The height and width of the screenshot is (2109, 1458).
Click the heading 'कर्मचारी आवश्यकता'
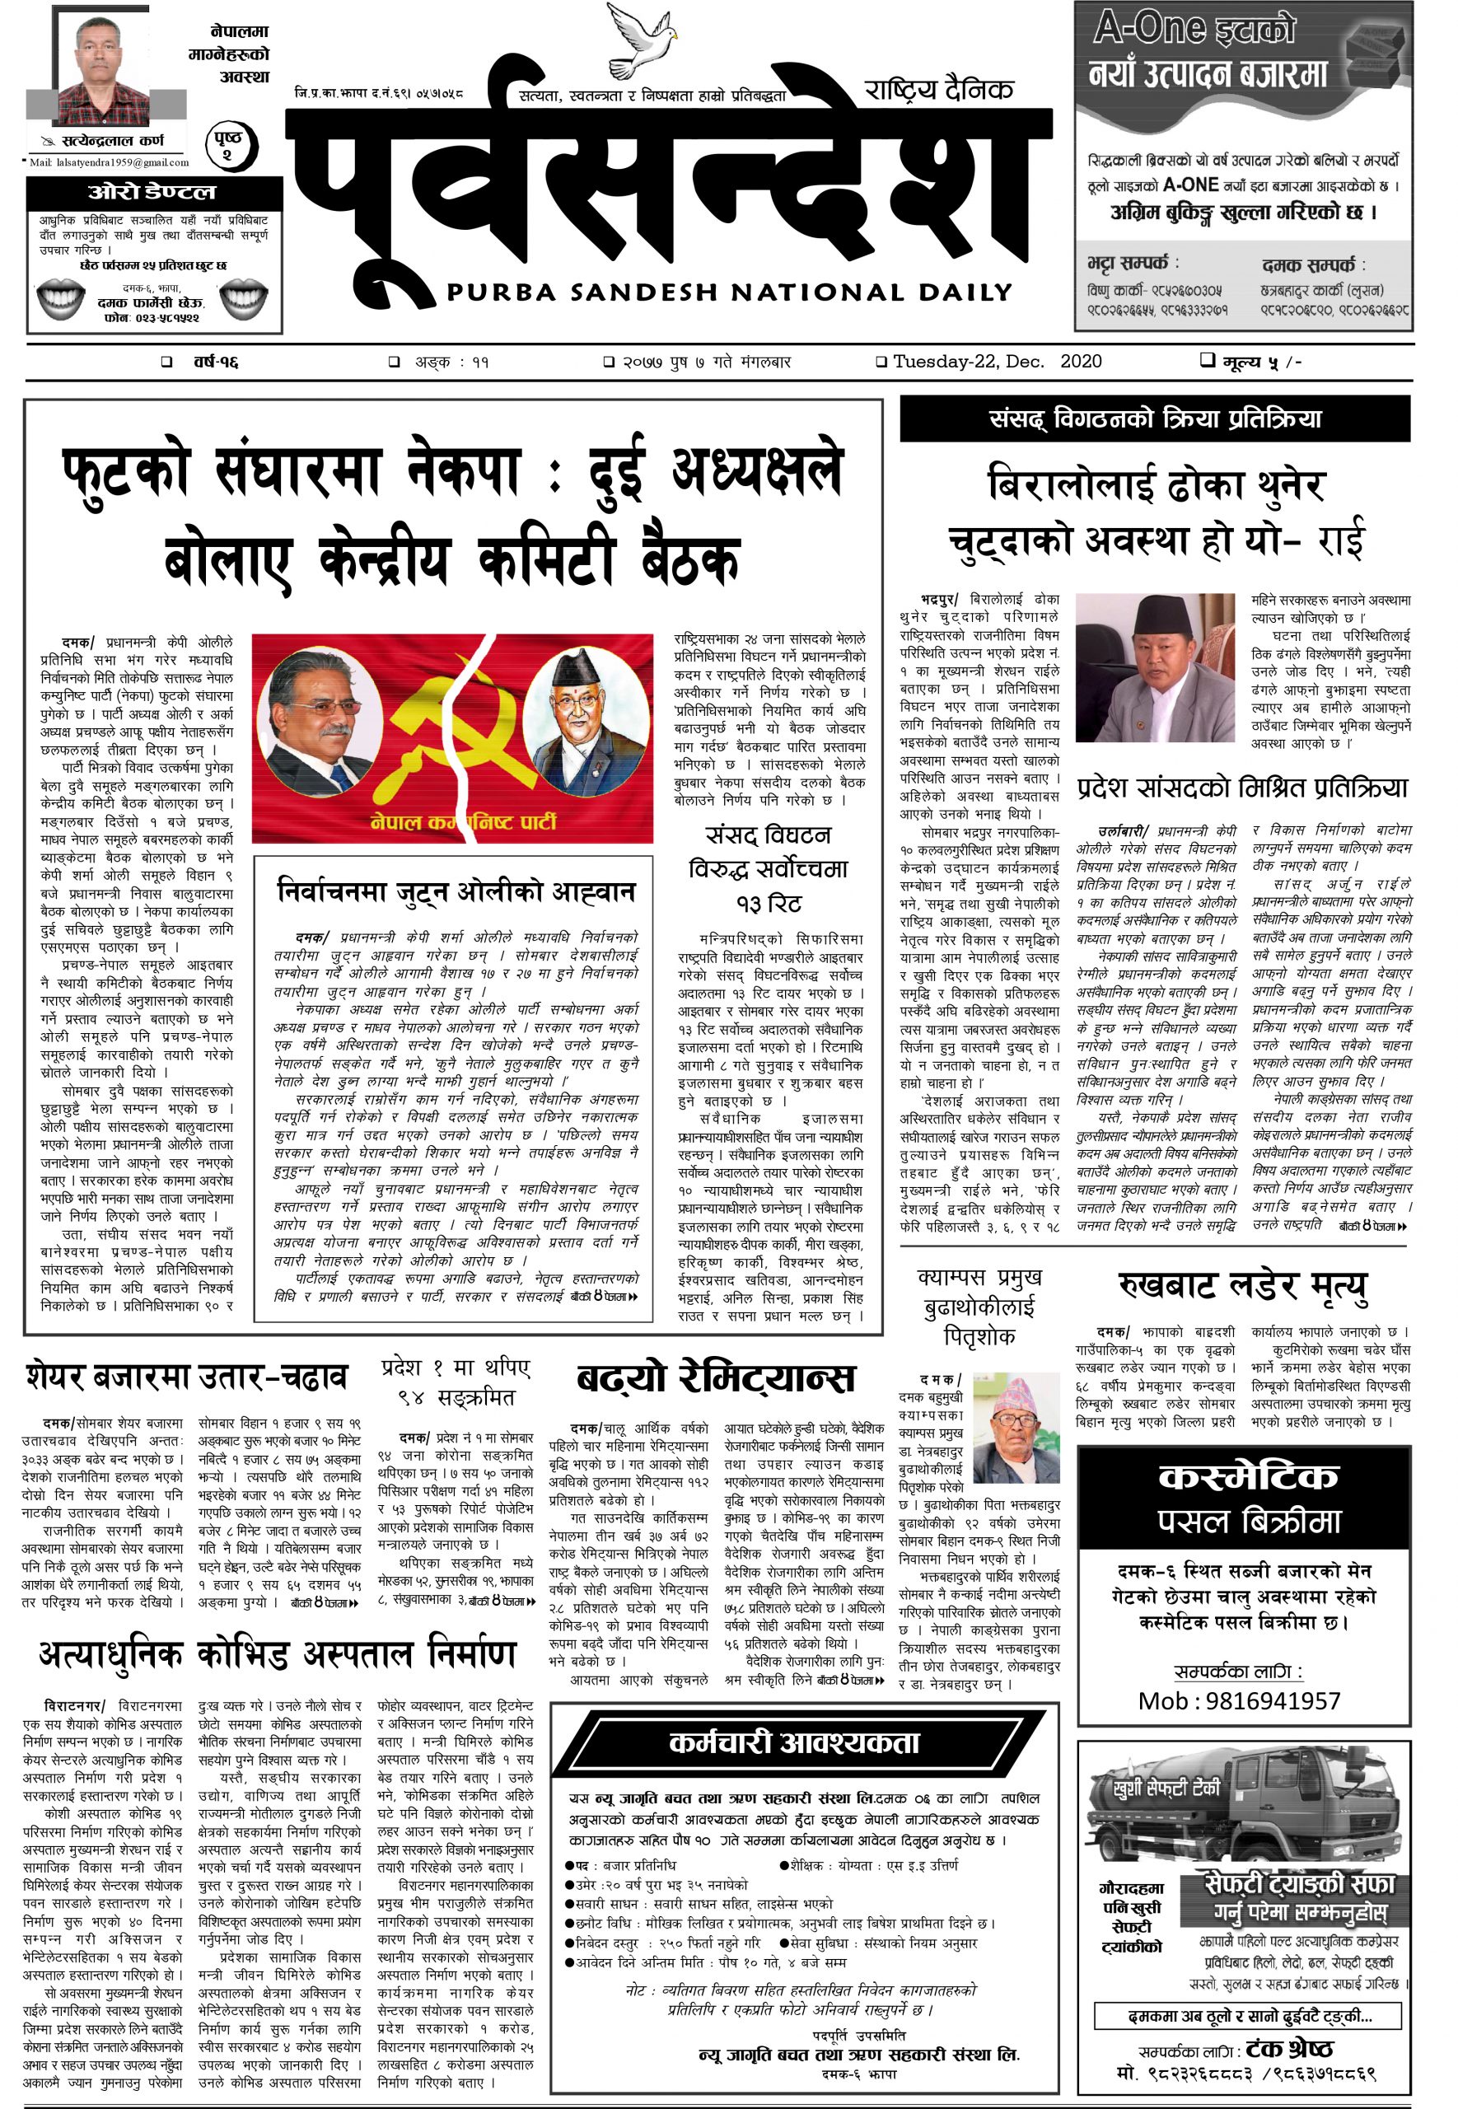[x=794, y=1742]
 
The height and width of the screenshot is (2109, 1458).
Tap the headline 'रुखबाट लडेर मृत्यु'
[x=1243, y=1286]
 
